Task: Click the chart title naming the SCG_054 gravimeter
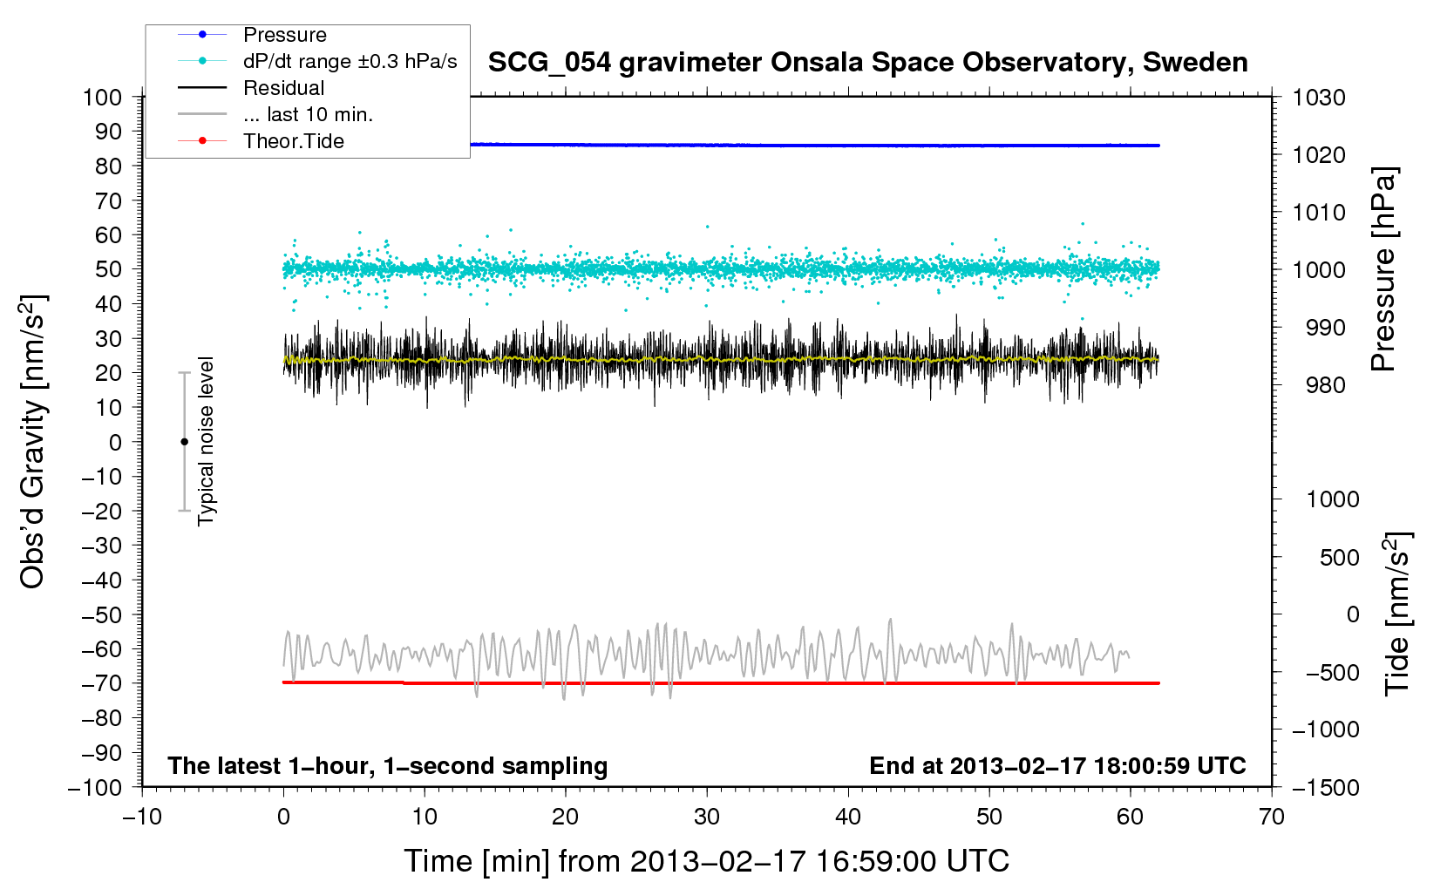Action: tap(867, 63)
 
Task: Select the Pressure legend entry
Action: tap(285, 35)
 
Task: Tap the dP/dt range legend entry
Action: tap(349, 62)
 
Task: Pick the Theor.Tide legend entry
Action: tap(294, 141)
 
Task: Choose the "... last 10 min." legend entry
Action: tap(308, 114)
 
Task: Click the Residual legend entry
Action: tap(283, 88)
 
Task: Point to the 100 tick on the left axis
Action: tap(102, 97)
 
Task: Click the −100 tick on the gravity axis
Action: tap(96, 787)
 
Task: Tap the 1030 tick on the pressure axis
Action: tap(1319, 98)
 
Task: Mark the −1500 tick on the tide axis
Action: tap(1325, 787)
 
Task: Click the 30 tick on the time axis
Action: tap(707, 817)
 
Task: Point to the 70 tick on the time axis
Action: tap(1272, 817)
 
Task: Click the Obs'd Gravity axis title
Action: tap(33, 442)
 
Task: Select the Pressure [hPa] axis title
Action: tap(1383, 269)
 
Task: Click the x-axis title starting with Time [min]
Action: tap(706, 861)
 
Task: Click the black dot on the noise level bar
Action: tap(184, 442)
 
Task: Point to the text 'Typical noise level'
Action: tap(206, 441)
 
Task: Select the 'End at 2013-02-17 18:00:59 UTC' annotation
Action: tap(1057, 765)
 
